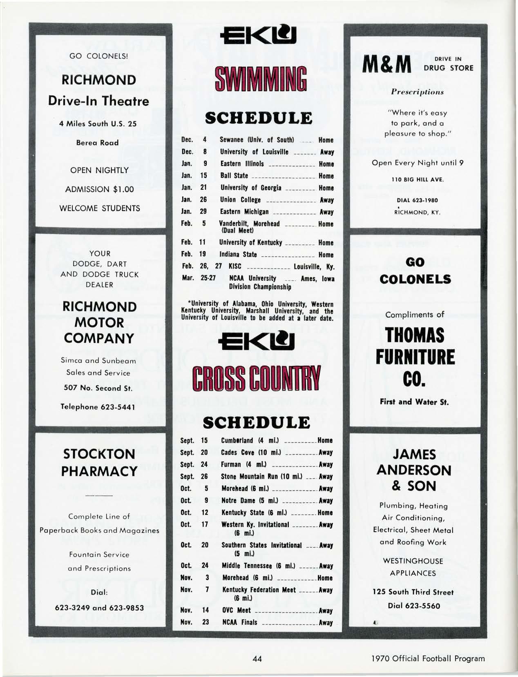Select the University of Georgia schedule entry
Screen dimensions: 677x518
(x=251, y=188)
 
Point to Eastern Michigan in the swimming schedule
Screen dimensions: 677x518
(x=244, y=212)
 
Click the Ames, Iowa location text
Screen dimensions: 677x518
(x=317, y=279)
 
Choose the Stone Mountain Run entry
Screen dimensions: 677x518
(x=261, y=477)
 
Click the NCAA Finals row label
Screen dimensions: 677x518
(x=239, y=622)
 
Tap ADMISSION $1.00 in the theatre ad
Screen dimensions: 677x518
(x=99, y=189)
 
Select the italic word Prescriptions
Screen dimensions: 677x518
(x=417, y=92)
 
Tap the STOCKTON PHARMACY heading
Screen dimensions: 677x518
(x=99, y=463)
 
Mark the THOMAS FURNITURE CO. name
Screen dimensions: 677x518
(x=416, y=357)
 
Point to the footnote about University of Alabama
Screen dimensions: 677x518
(x=257, y=311)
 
